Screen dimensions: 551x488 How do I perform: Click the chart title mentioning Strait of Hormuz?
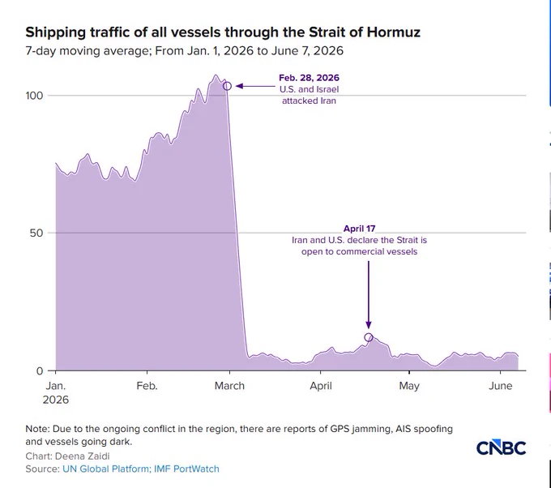point(223,32)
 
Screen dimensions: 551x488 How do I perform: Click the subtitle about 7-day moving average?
point(184,51)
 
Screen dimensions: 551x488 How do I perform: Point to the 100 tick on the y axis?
point(34,96)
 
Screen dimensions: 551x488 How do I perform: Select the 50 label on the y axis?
point(36,233)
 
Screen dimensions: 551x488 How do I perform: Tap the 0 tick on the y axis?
point(40,371)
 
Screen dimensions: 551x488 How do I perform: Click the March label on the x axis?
point(229,386)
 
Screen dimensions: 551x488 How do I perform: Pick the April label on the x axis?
point(321,386)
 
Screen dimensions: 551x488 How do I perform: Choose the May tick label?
point(409,386)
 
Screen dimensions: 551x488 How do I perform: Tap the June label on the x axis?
point(501,386)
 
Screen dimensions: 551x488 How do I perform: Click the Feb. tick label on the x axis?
point(147,386)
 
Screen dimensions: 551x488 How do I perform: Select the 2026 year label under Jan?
point(56,400)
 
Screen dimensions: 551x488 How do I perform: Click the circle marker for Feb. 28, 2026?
point(228,86)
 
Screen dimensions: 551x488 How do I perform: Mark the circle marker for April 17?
point(368,337)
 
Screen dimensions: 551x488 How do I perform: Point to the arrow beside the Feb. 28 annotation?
point(255,86)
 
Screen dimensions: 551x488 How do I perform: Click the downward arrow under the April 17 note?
point(368,294)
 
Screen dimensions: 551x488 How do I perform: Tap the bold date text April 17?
point(359,229)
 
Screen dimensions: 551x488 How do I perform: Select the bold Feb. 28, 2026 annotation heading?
point(309,78)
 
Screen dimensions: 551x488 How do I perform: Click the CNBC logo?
point(501,447)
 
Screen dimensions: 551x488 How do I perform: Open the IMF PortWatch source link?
point(186,469)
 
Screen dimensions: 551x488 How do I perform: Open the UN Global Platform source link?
point(105,469)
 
